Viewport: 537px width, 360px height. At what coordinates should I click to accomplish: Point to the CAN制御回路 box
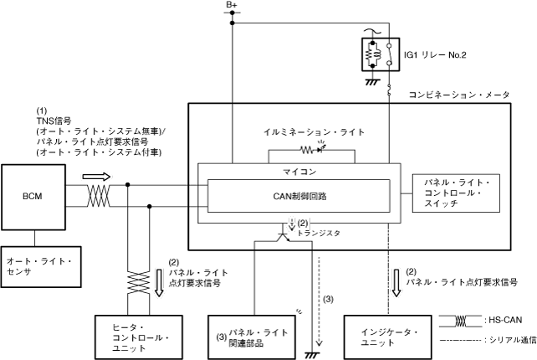[x=298, y=198]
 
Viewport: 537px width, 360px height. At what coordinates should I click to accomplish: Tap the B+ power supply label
[x=232, y=7]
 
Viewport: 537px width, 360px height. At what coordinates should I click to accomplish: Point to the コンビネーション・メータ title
[x=458, y=95]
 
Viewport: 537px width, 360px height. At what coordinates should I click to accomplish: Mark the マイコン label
[x=298, y=170]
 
